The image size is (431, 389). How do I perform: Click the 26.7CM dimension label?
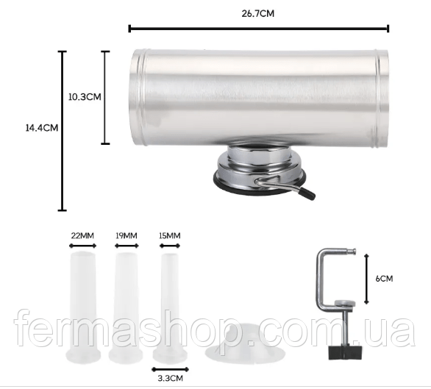pyautogui.click(x=258, y=14)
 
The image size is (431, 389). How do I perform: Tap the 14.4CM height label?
pyautogui.click(x=42, y=128)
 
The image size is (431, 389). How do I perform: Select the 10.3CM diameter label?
pyautogui.click(x=85, y=97)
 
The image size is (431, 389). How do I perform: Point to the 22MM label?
pyautogui.click(x=82, y=235)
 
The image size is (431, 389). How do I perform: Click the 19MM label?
pyautogui.click(x=127, y=235)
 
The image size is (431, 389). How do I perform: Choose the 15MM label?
pyautogui.click(x=170, y=235)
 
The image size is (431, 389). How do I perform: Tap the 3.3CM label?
pyautogui.click(x=170, y=378)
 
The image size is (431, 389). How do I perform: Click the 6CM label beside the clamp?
pyautogui.click(x=384, y=279)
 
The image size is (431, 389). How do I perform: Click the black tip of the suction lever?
pyautogui.click(x=308, y=193)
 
